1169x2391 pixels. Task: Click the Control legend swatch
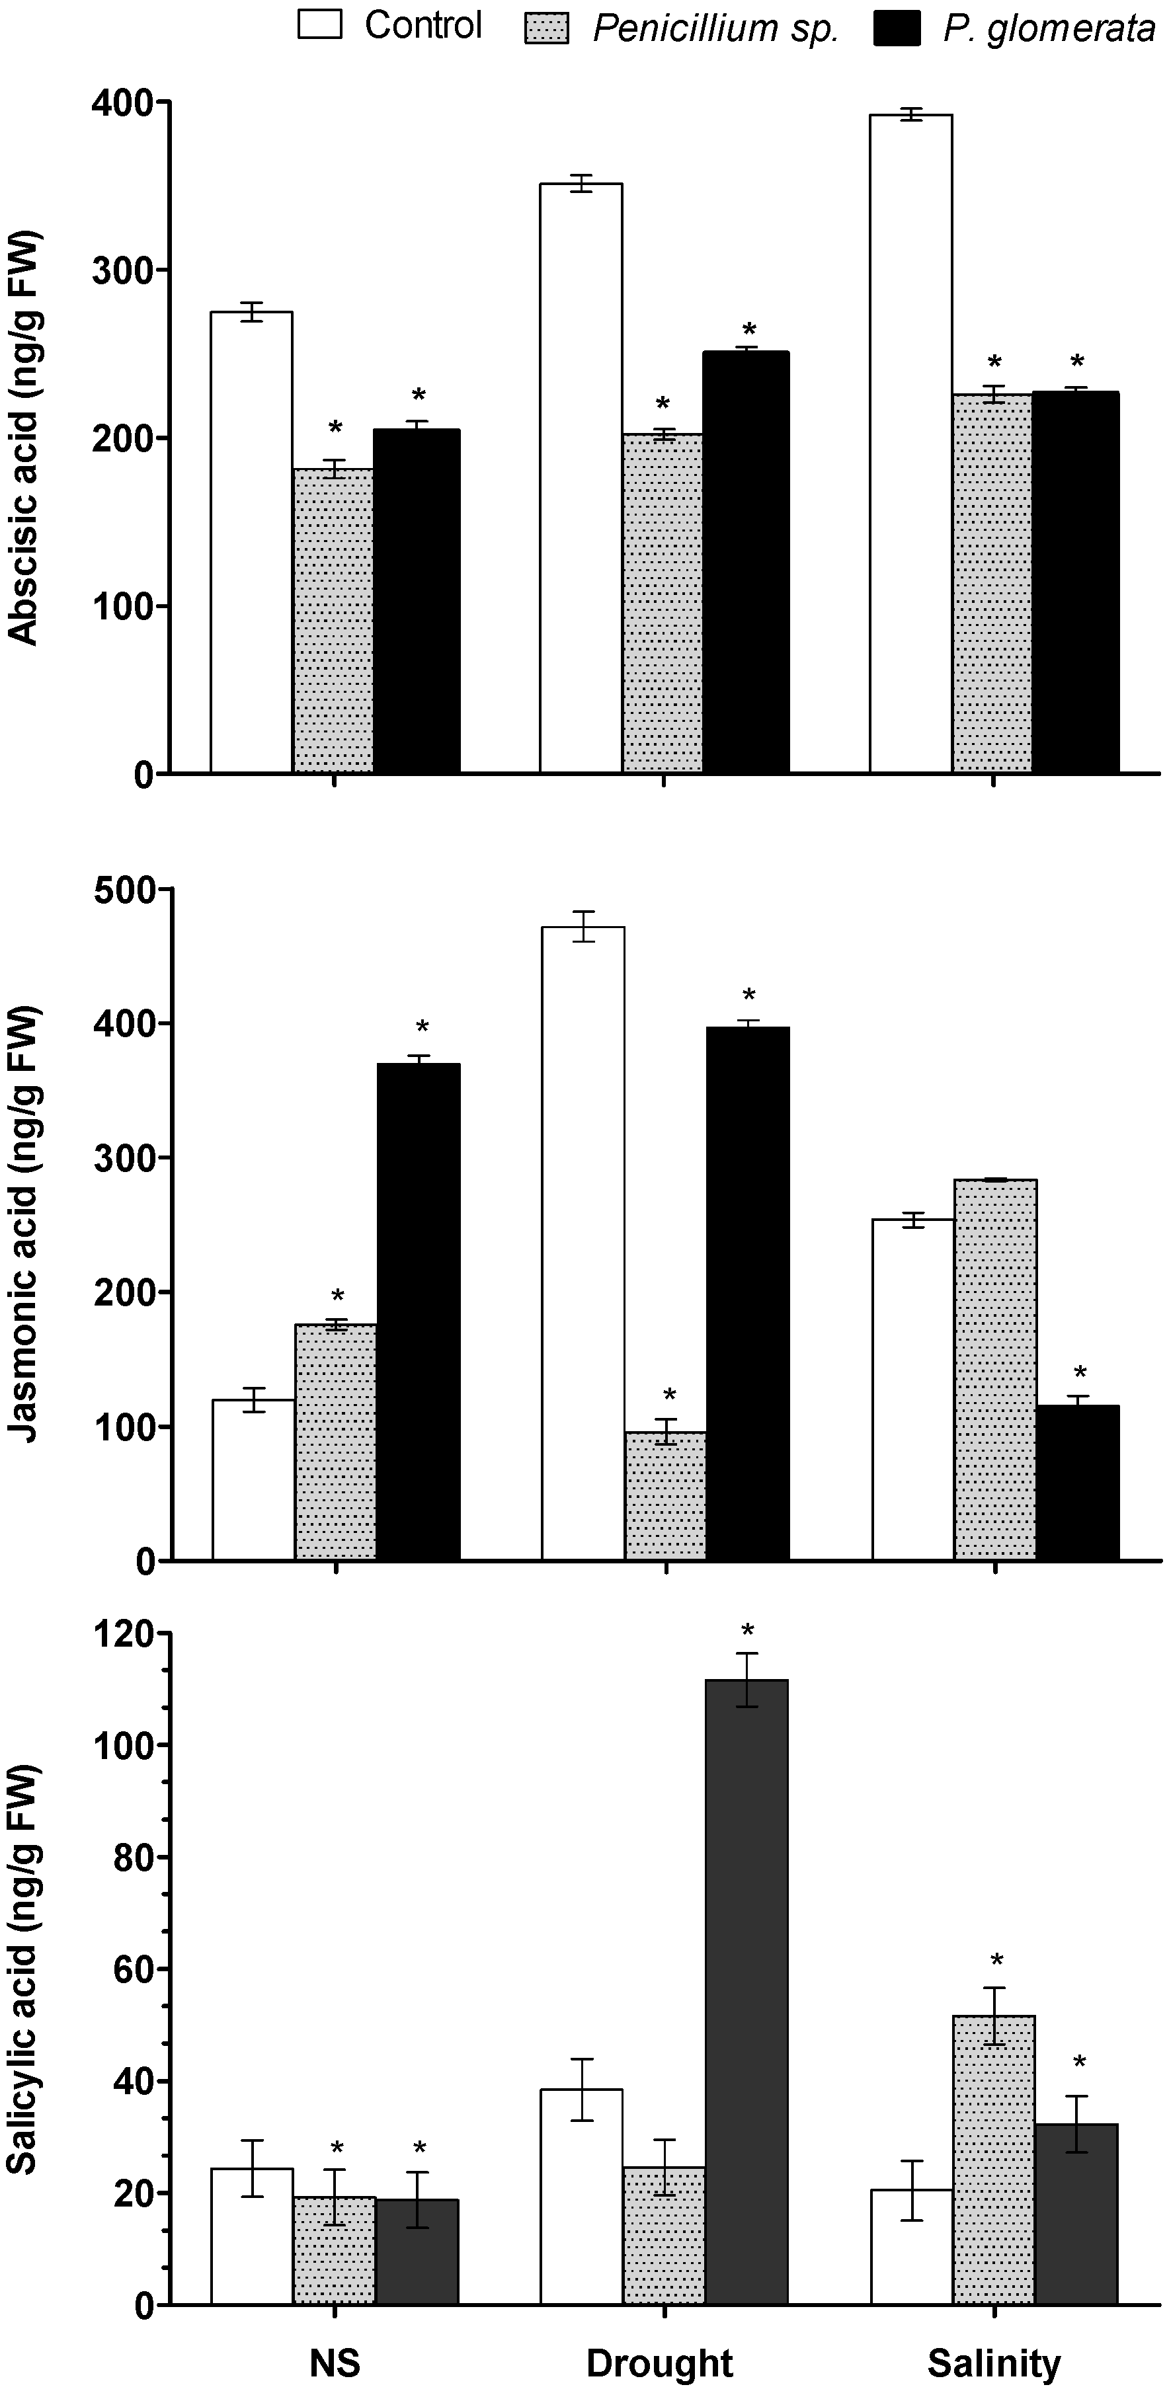[x=319, y=25]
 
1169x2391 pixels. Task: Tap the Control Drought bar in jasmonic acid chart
[x=583, y=1244]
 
